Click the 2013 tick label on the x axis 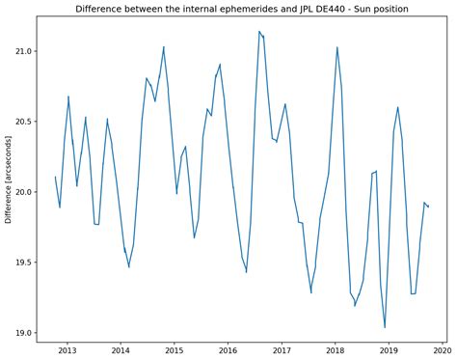coord(67,350)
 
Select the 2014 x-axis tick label coord(121,350)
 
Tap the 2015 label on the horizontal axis coord(175,350)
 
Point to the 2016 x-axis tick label coord(228,350)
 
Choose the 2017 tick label coord(282,350)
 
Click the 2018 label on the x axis coord(336,350)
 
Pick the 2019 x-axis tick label coord(390,350)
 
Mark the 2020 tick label coord(443,350)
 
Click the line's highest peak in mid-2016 coord(259,32)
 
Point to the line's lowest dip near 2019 coord(385,328)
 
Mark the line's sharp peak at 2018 coord(337,47)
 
